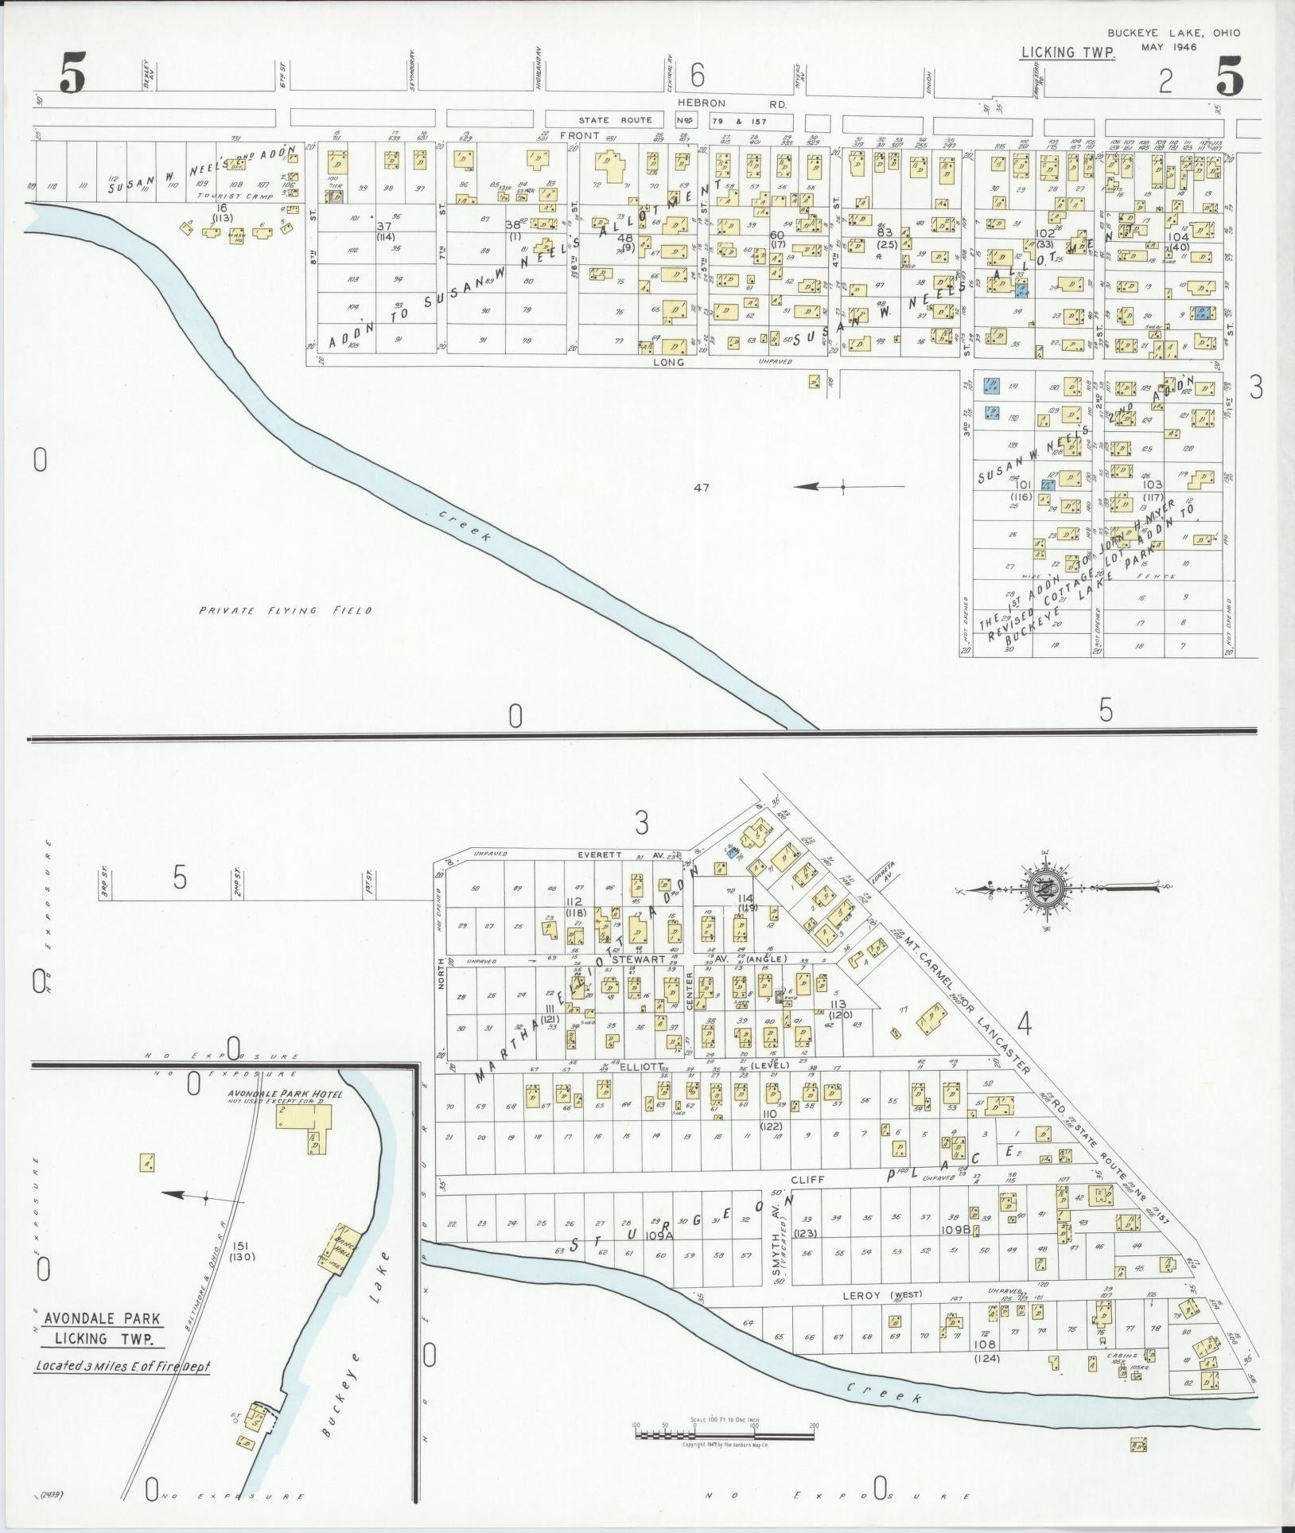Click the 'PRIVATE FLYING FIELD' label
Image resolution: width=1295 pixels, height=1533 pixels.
point(286,610)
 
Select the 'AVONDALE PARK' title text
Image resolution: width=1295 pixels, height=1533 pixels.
point(102,1318)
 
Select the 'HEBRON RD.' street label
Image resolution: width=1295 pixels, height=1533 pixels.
point(732,103)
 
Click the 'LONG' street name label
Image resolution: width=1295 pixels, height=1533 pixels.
point(668,362)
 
